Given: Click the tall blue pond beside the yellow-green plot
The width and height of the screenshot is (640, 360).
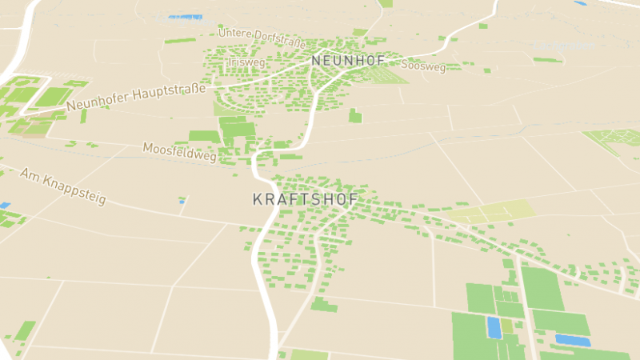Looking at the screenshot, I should (x=494, y=327).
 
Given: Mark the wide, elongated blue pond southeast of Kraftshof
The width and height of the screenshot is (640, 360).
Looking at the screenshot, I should (x=572, y=341).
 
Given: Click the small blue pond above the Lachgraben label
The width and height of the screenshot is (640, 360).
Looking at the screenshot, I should (x=581, y=3).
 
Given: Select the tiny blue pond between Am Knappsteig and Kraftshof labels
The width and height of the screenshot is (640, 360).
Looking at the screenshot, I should (x=182, y=202).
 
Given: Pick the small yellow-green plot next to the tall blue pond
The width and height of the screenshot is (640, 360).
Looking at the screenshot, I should (x=507, y=326).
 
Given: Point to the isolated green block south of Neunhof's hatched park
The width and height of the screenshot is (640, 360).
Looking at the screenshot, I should (x=355, y=116).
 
